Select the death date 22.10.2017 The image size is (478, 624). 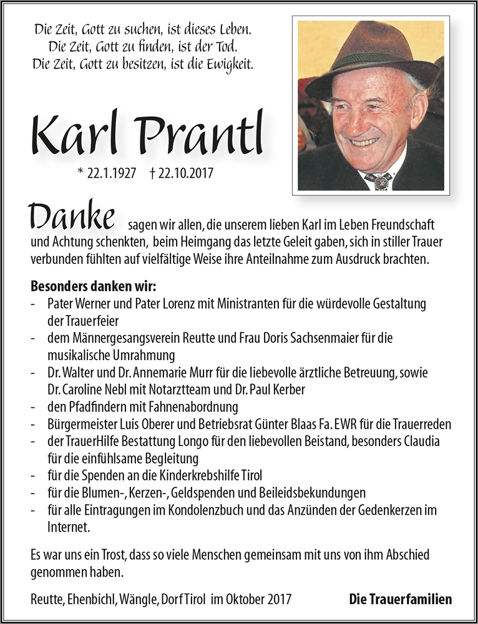click(182, 173)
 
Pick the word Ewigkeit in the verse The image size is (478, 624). click(230, 63)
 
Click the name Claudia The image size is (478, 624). click(420, 441)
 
